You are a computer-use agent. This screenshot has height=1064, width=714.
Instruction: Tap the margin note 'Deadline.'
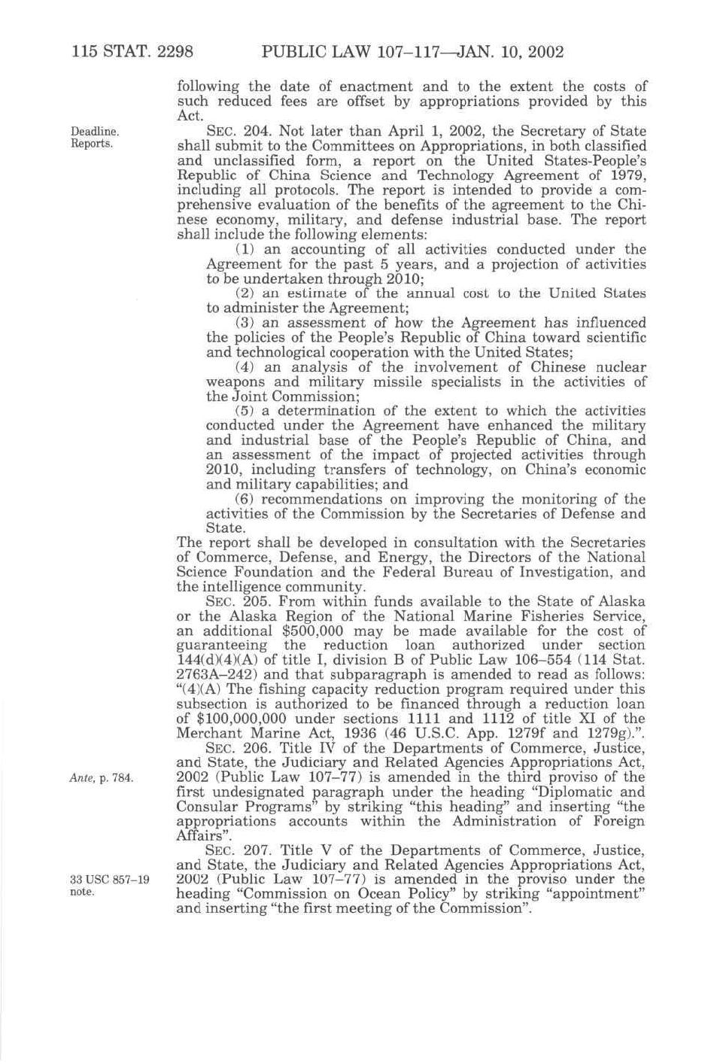95,131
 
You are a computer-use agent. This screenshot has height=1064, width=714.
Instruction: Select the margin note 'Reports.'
92,143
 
